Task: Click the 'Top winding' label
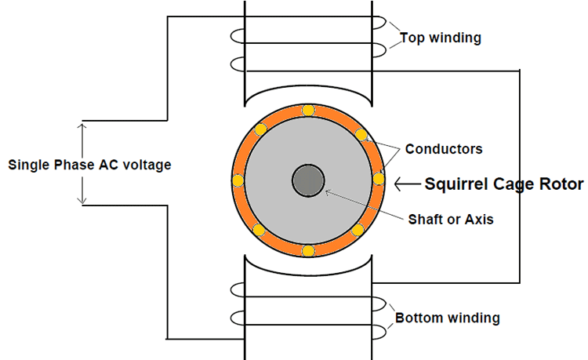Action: point(441,38)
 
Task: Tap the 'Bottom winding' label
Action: point(447,318)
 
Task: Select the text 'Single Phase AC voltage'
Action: point(89,165)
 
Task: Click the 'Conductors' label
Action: point(444,148)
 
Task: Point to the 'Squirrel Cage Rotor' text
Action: point(504,184)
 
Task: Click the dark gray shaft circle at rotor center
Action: point(307,181)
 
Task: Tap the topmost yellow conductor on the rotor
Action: point(308,110)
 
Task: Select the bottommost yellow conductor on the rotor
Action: point(308,251)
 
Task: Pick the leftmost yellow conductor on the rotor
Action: point(238,181)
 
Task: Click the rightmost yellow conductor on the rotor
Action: point(379,180)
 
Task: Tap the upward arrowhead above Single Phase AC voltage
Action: point(82,126)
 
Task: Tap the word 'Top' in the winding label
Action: point(411,38)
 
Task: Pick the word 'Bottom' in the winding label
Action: point(416,318)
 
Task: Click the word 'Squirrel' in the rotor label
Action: point(456,184)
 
